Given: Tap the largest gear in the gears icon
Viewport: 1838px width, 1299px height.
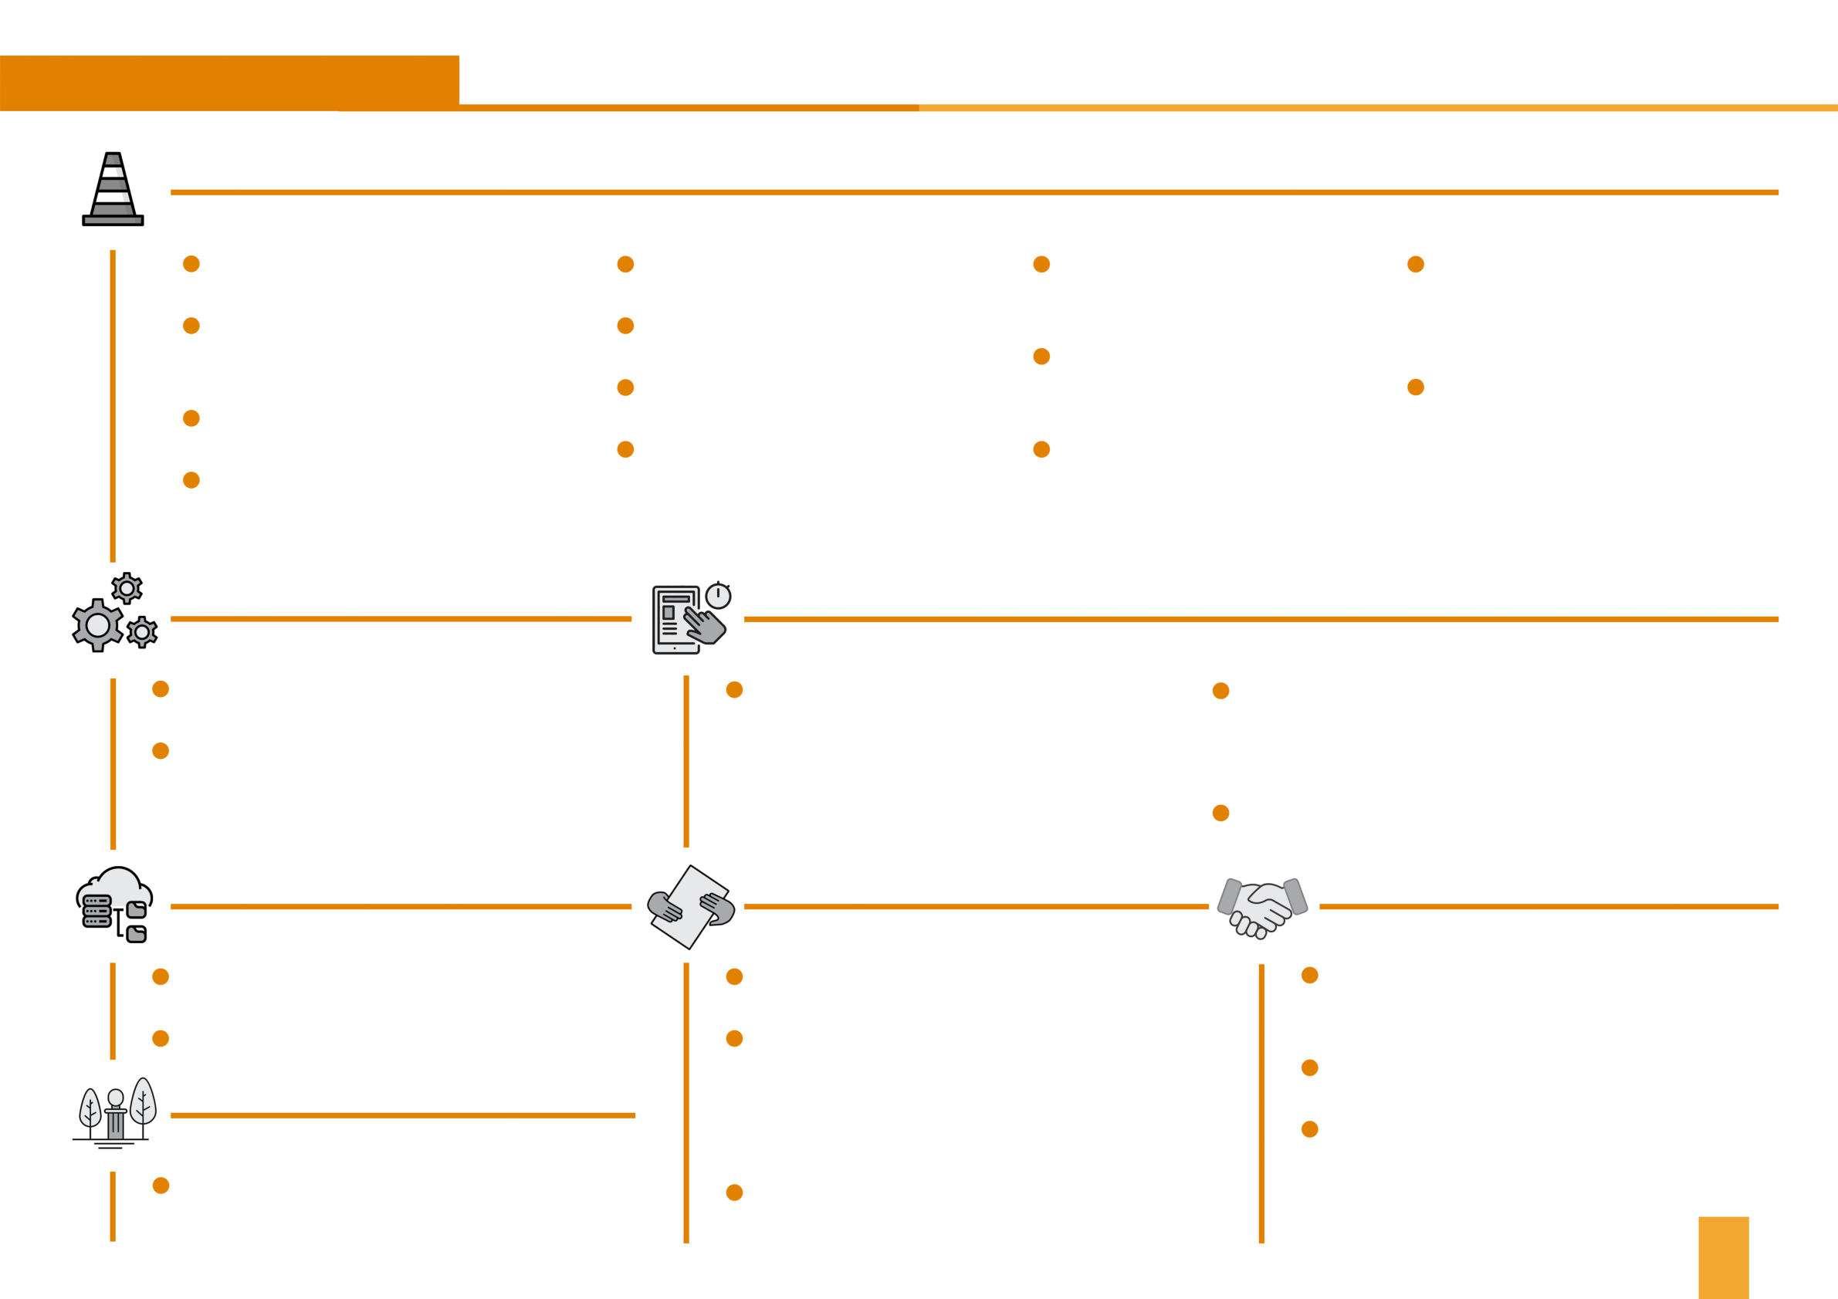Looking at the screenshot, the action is point(98,625).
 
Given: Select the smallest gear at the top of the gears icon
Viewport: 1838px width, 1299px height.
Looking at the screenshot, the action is point(127,588).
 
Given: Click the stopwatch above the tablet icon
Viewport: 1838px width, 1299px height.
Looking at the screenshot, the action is point(718,596).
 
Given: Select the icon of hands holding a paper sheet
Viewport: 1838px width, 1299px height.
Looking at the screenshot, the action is point(690,907).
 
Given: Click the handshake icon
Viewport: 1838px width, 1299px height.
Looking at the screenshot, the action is point(1261,907).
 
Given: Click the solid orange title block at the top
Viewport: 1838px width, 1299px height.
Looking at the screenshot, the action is point(229,82).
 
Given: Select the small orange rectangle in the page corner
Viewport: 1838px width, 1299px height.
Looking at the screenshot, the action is point(1724,1257).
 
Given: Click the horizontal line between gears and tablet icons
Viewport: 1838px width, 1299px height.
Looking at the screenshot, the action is point(401,619).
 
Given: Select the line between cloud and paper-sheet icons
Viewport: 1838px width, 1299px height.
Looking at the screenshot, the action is point(401,907).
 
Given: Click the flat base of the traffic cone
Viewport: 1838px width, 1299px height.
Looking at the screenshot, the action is point(113,220).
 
